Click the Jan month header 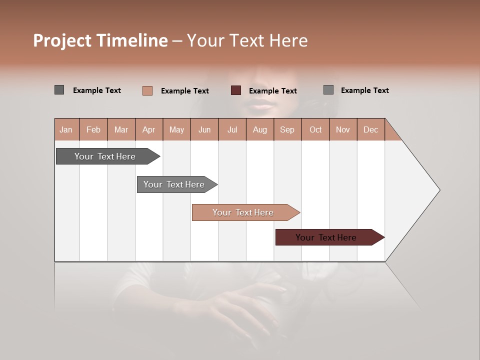[66, 129]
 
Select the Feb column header [93, 129]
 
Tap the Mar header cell [121, 129]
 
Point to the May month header [176, 129]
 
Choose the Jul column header [232, 129]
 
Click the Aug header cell [259, 129]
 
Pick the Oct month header [315, 129]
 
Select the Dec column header [370, 129]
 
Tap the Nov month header [342, 129]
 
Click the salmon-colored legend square [147, 90]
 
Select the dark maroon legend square [236, 90]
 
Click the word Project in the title [62, 40]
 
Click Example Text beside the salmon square [184, 91]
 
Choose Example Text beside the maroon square [272, 91]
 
